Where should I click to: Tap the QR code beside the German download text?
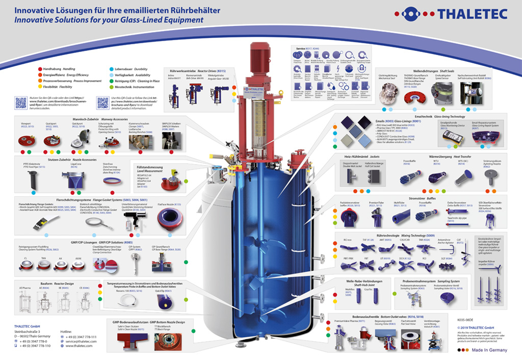(x=21, y=102)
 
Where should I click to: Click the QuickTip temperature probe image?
(x=164, y=302)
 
